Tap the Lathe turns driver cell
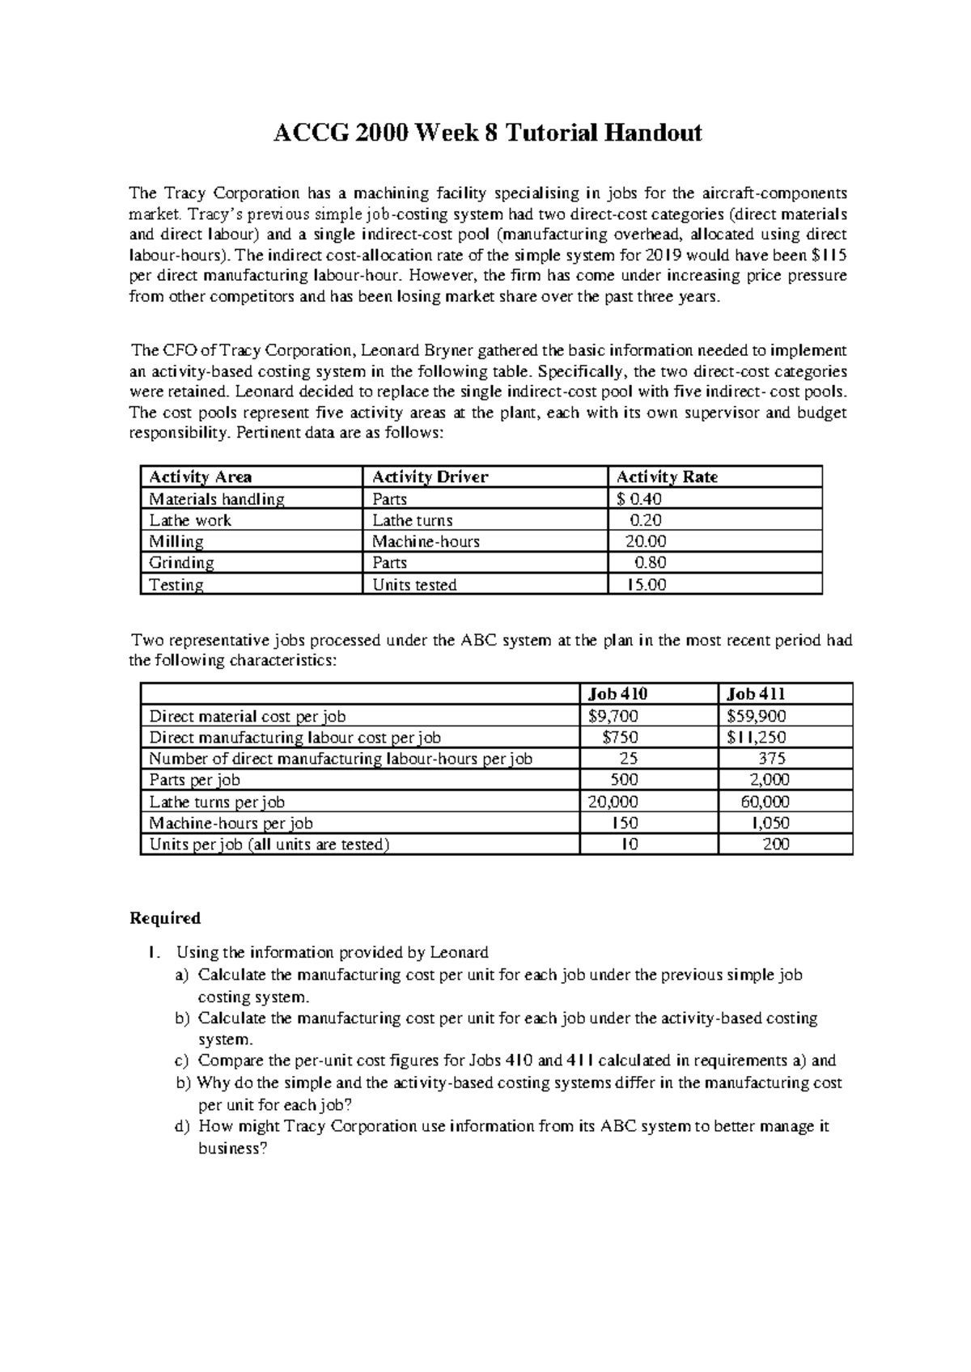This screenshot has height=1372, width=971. [x=412, y=520]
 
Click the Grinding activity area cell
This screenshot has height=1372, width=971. [x=181, y=562]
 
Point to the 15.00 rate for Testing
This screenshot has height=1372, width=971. [x=647, y=584]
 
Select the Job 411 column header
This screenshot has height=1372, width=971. [x=756, y=693]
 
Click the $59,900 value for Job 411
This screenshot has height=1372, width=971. [x=756, y=715]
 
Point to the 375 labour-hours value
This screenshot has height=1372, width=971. [x=771, y=758]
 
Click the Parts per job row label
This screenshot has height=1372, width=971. [x=194, y=780]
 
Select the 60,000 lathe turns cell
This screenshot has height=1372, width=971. [x=765, y=802]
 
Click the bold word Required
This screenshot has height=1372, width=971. [x=165, y=918]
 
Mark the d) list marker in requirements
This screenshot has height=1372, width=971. [x=181, y=1126]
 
